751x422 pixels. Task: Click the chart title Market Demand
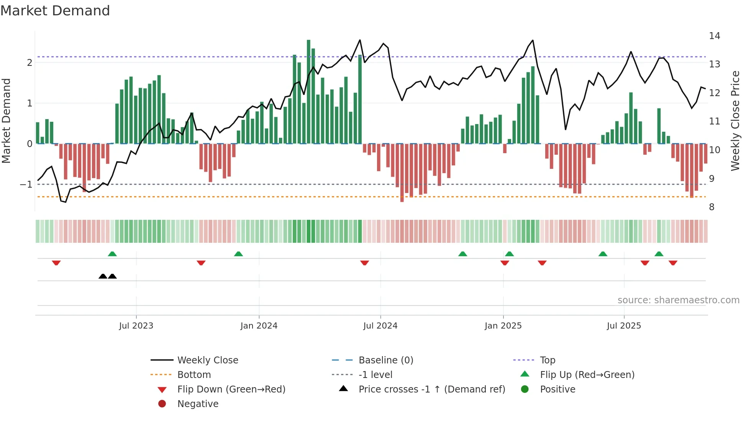point(55,11)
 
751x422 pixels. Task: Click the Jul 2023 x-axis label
point(136,326)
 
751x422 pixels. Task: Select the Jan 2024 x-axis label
point(259,326)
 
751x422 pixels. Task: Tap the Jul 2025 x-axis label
point(624,326)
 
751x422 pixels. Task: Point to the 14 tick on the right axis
point(714,36)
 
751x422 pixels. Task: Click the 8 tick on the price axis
point(712,207)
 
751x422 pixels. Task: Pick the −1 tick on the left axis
point(26,185)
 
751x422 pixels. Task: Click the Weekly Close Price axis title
point(735,121)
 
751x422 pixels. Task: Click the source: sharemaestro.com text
point(678,300)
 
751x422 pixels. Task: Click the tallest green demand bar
point(308,92)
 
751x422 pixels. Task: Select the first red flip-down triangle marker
point(56,263)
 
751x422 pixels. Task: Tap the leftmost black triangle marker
point(103,276)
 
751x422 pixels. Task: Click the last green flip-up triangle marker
point(659,254)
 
